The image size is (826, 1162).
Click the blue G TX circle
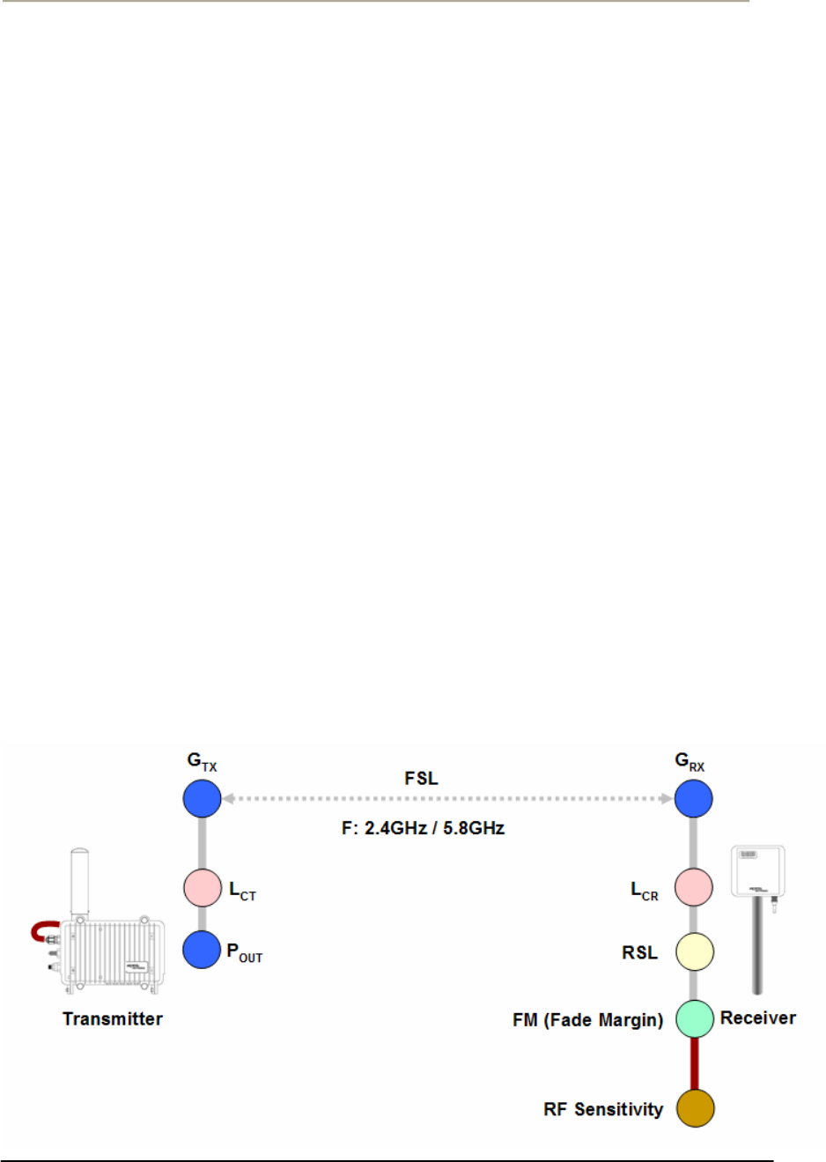pyautogui.click(x=202, y=799)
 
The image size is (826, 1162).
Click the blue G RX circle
pyautogui.click(x=694, y=799)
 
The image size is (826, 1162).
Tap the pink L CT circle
pyautogui.click(x=203, y=888)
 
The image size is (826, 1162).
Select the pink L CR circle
pyautogui.click(x=694, y=887)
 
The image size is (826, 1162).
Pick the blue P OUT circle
pyautogui.click(x=202, y=950)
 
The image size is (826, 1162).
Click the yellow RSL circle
pyautogui.click(x=695, y=951)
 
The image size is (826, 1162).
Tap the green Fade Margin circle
pyautogui.click(x=695, y=1018)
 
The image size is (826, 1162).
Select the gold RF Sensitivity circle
pyautogui.click(x=695, y=1108)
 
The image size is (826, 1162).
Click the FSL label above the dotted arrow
pyautogui.click(x=421, y=779)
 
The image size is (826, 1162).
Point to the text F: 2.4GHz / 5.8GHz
pyautogui.click(x=423, y=828)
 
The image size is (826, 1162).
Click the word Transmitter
pyautogui.click(x=113, y=1019)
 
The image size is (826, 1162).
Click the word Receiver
pyautogui.click(x=757, y=1018)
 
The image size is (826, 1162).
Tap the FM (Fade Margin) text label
pyautogui.click(x=587, y=1020)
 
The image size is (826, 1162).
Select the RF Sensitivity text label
pyautogui.click(x=603, y=1109)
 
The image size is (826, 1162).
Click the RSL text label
pyautogui.click(x=640, y=952)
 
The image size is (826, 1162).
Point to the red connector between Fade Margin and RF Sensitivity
pyautogui.click(x=695, y=1063)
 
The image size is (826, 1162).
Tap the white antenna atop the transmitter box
pyautogui.click(x=80, y=881)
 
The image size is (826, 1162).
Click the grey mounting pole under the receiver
pyautogui.click(x=756, y=947)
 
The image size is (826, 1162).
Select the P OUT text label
pyautogui.click(x=245, y=952)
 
